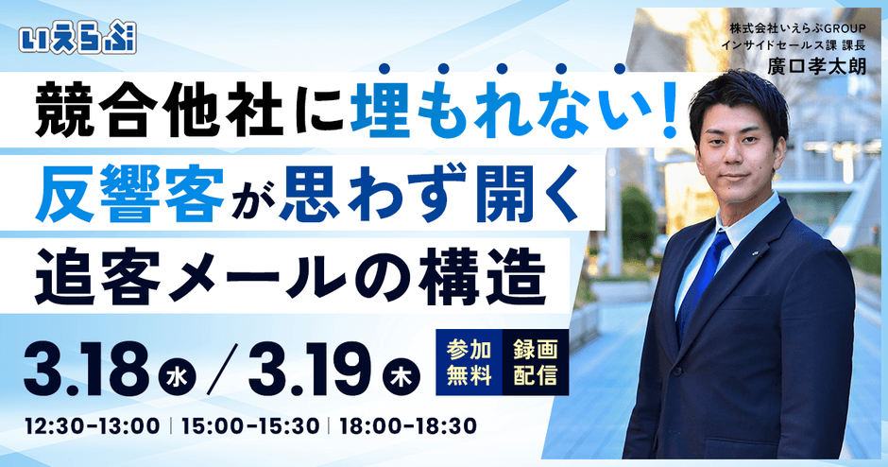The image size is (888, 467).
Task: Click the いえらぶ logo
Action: (x=77, y=39)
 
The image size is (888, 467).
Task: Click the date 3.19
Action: (x=312, y=370)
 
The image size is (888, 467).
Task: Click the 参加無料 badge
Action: (x=469, y=362)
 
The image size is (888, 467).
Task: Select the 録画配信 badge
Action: (x=536, y=362)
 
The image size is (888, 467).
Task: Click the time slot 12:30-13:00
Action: (x=92, y=426)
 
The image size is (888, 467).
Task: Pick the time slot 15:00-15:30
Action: (x=250, y=426)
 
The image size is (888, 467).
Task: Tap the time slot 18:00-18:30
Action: (x=408, y=426)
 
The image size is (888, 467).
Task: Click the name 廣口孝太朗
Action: (x=816, y=66)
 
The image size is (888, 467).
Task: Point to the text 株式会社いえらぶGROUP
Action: (x=798, y=27)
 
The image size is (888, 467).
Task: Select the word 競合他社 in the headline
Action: (x=159, y=112)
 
